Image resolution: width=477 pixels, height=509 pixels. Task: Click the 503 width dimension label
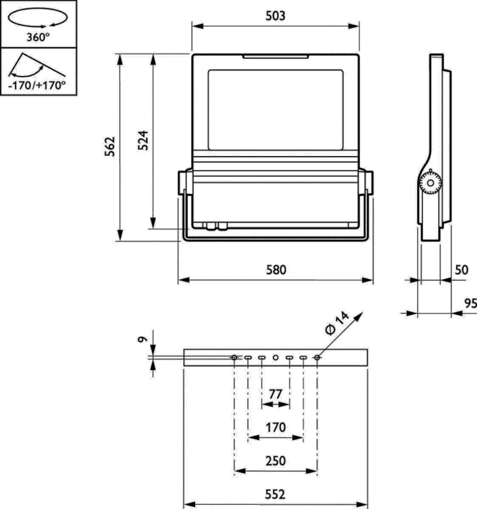275,16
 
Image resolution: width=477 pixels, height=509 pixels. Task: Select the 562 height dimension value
110,146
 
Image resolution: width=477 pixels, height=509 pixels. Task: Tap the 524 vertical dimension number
144,140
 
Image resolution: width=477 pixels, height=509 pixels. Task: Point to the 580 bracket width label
276,270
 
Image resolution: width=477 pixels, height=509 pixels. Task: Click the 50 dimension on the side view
461,270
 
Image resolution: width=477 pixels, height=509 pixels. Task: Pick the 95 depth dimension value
470,303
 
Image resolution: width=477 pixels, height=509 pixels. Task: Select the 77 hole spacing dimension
276,394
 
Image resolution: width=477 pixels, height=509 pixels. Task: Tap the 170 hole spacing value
276,427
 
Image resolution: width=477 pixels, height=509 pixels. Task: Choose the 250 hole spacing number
276,460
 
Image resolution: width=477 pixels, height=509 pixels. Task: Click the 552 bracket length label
276,494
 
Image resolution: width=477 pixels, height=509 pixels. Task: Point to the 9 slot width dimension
144,339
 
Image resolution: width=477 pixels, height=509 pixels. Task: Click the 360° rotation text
38,37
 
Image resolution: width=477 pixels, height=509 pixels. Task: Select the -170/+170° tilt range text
38,85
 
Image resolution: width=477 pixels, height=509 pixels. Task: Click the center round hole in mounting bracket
276,358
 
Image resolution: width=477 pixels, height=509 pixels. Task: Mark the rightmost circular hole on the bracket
317,358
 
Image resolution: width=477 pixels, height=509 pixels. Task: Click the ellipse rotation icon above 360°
38,19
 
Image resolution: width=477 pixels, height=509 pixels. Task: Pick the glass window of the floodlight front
275,109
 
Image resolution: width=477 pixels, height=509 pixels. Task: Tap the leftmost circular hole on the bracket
234,358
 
